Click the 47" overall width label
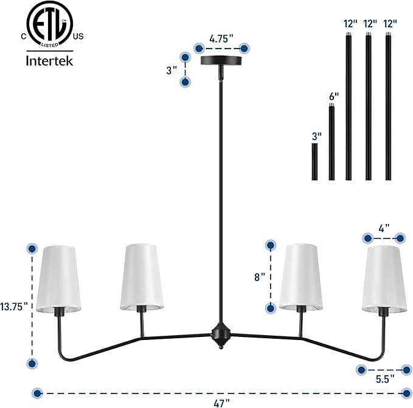click(221, 403)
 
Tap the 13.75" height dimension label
click(14, 307)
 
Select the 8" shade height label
click(260, 277)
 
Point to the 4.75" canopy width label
click(221, 39)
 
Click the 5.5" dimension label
click(385, 379)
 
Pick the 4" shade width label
click(384, 228)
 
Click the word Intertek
click(49, 61)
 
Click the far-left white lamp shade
click(58, 279)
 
